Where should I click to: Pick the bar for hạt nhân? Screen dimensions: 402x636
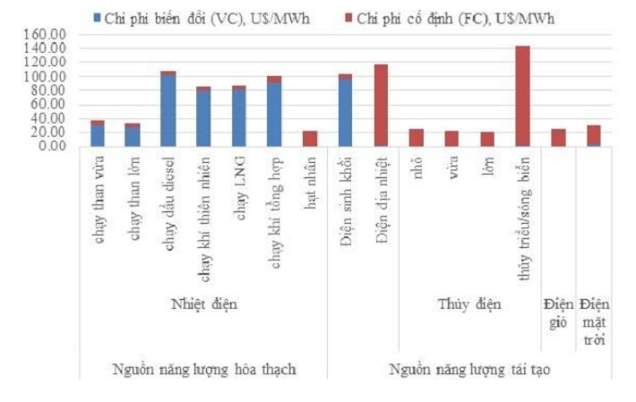(310, 138)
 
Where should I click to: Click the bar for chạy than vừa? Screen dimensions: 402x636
(98, 133)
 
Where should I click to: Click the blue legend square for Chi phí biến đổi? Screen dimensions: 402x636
(97, 17)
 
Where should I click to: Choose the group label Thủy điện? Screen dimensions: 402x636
(469, 304)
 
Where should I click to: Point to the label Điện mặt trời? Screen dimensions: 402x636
(594, 321)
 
